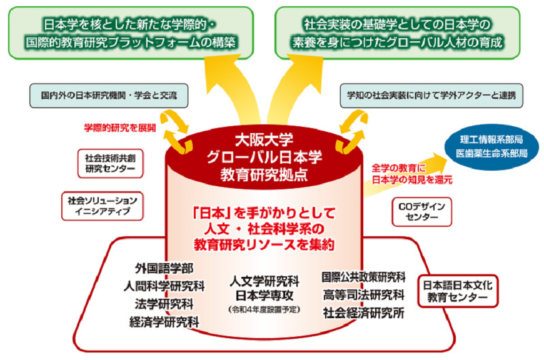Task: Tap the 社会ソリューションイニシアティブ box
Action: pos(102,206)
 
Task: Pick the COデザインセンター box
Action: pos(422,212)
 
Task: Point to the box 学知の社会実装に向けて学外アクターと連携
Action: pos(431,96)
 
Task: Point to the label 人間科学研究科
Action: pos(164,286)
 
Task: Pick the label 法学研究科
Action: pos(164,304)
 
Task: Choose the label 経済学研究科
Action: pos(164,322)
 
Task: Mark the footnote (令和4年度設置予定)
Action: pos(264,309)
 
